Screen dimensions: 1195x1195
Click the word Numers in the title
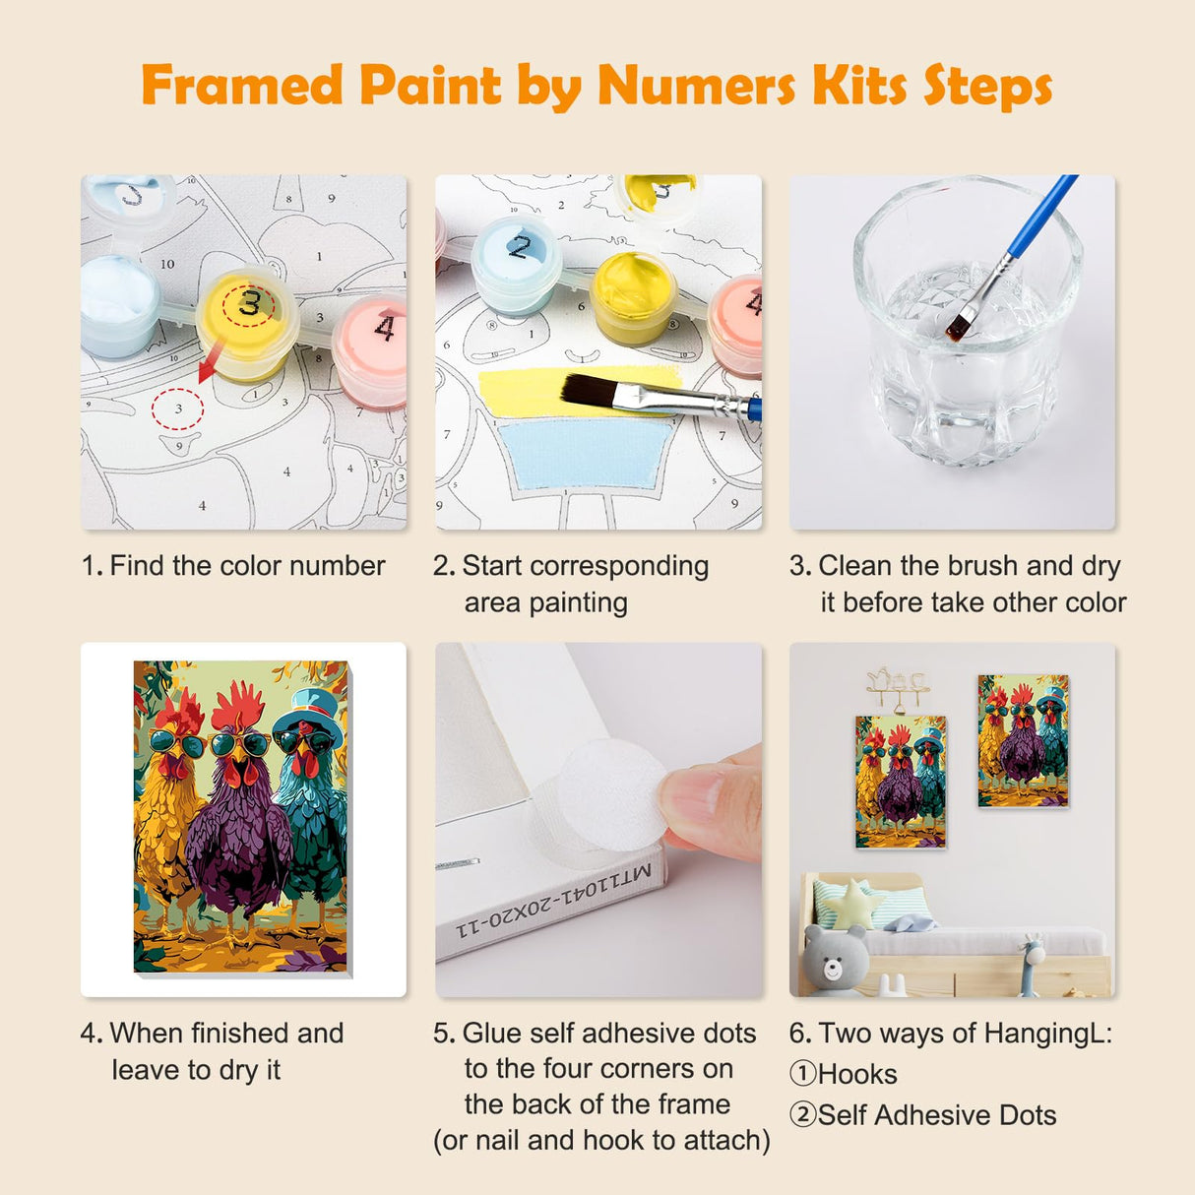coord(696,86)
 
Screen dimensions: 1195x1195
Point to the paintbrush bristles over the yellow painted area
coord(591,391)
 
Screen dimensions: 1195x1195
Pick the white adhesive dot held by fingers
coord(611,795)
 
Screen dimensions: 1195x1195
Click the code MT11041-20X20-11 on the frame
coord(553,903)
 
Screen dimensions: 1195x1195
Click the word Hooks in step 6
coord(857,1074)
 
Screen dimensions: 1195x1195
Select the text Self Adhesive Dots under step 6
coord(936,1115)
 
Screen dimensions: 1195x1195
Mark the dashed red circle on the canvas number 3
coord(177,408)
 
